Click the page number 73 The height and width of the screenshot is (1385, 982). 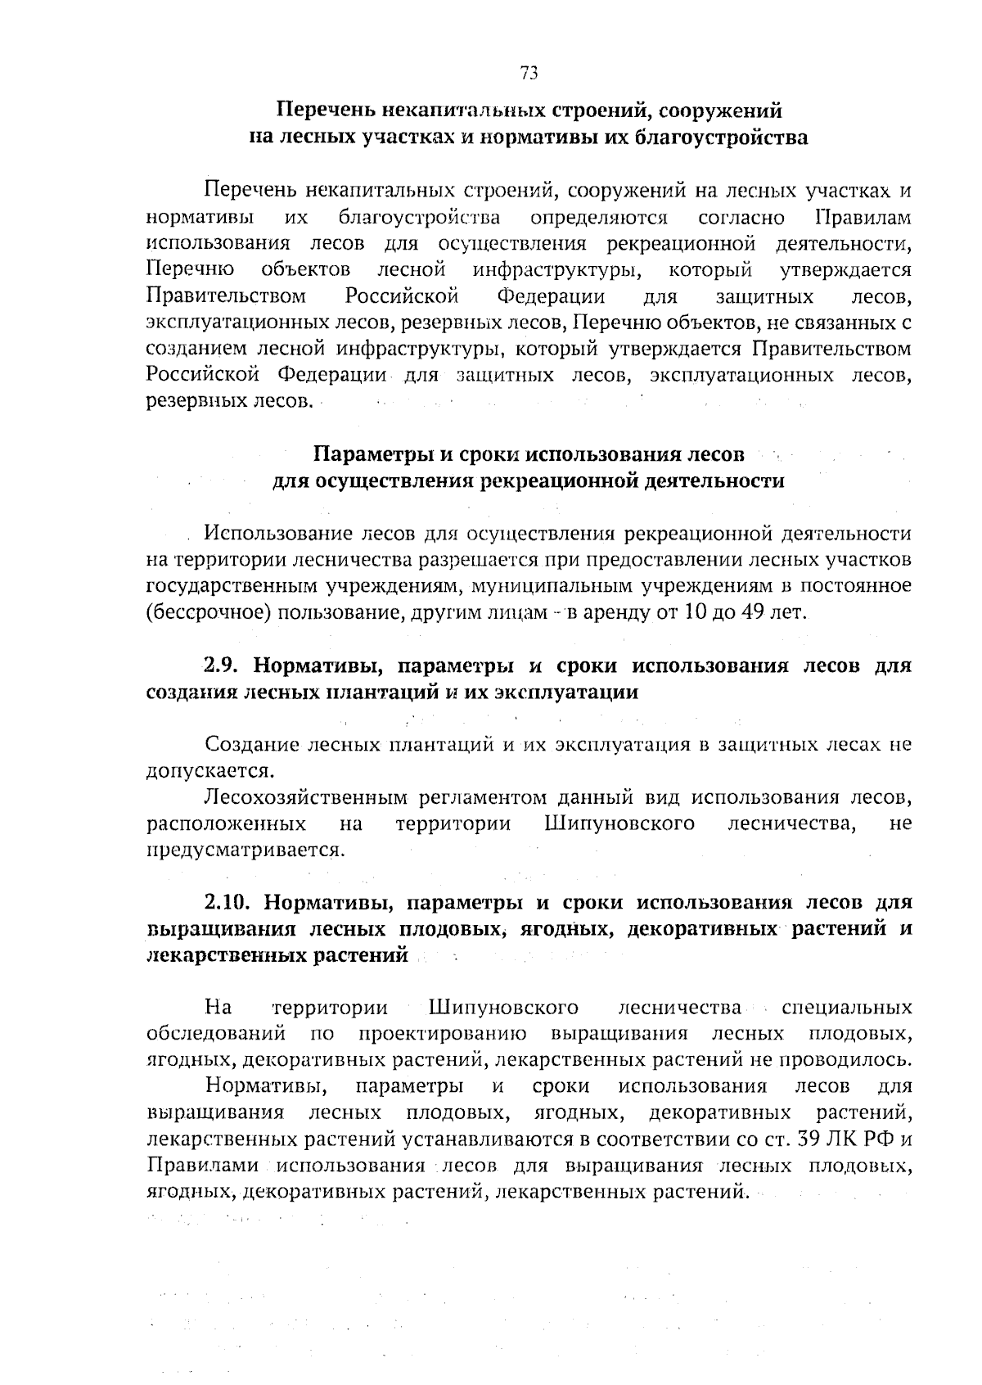529,73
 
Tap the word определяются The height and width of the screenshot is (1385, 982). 599,218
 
